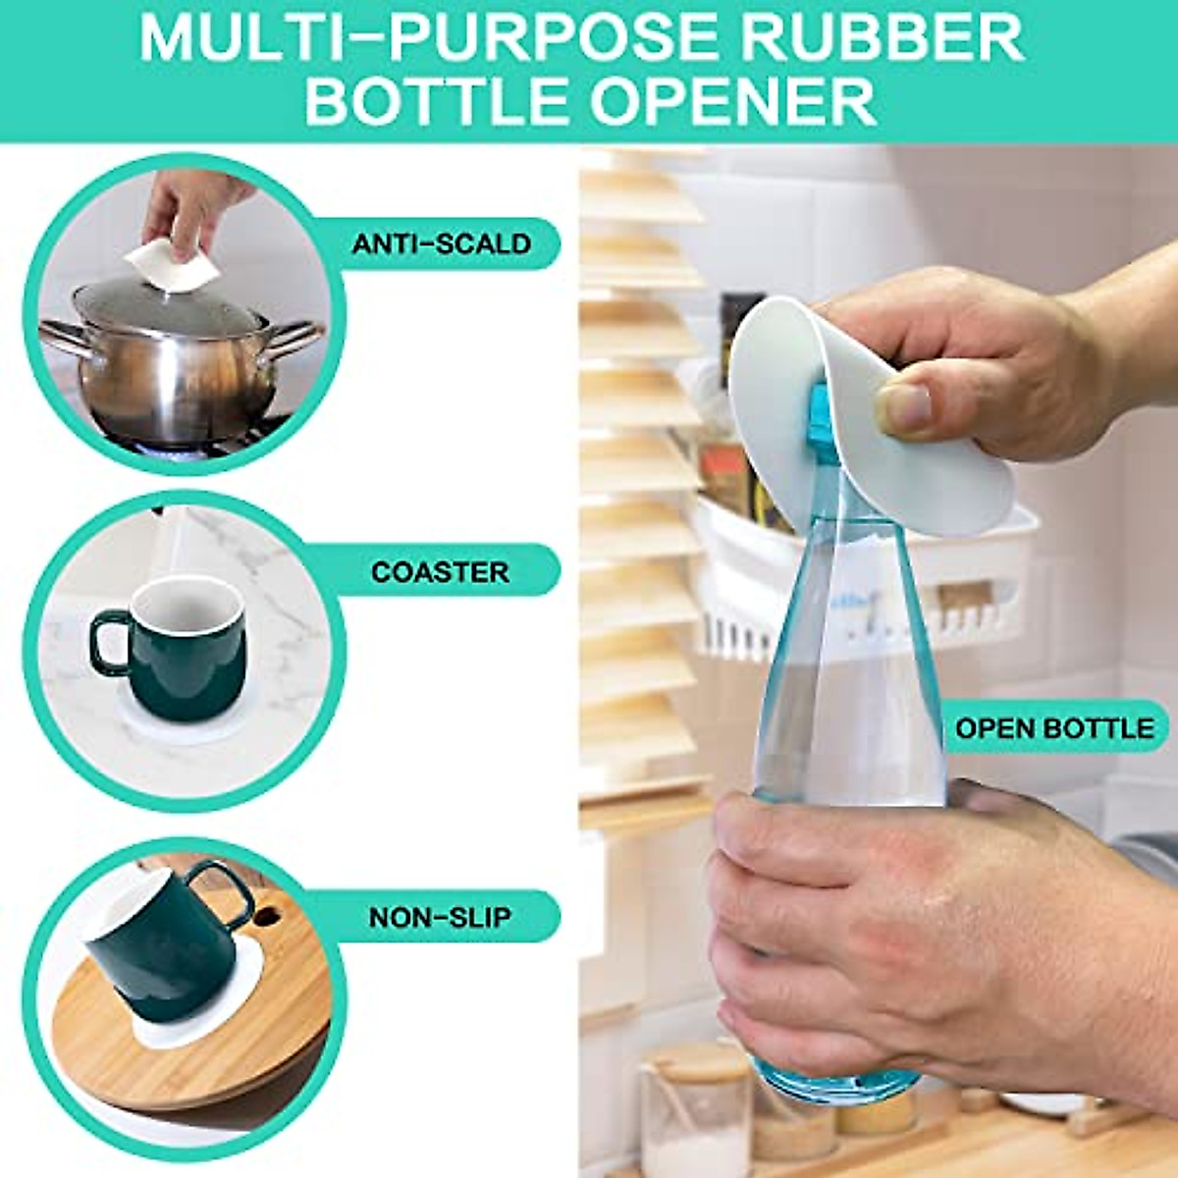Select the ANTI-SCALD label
click(441, 243)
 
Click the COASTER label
click(440, 571)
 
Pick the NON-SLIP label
click(440, 918)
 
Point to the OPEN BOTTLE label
click(1054, 728)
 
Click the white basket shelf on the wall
click(864, 589)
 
